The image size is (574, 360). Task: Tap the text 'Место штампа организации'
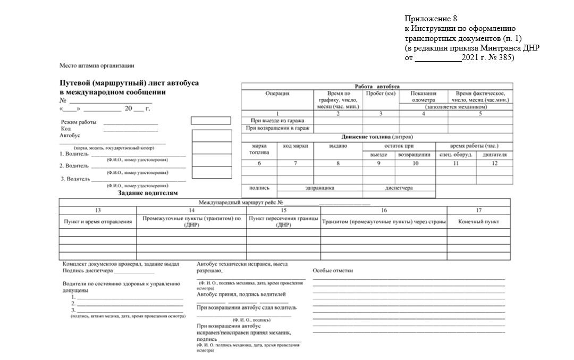tap(97, 66)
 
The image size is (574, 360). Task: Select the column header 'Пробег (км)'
tap(381, 94)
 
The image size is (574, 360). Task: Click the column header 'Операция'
tap(277, 94)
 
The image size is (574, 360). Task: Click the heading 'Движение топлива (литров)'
tap(377, 137)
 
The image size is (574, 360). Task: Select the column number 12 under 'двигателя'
tap(495, 163)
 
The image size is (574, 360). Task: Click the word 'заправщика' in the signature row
tap(319, 188)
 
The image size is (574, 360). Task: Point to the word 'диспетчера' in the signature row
tap(399, 188)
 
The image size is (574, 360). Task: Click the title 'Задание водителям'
tap(147, 194)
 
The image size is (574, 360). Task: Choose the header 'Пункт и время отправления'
tap(98, 221)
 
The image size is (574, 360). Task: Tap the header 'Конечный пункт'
tap(478, 221)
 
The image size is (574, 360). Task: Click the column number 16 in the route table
tap(384, 210)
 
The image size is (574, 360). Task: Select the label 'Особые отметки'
tap(333, 271)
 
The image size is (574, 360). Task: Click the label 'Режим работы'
tap(78, 122)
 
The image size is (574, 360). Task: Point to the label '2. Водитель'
tap(73, 166)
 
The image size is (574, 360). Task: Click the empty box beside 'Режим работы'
tap(210, 121)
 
